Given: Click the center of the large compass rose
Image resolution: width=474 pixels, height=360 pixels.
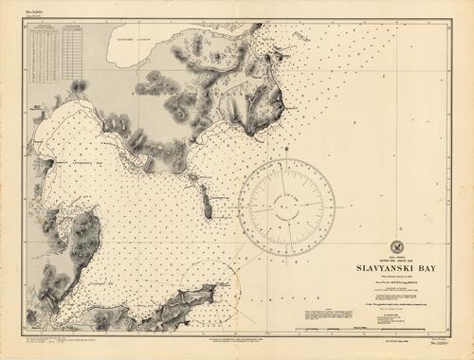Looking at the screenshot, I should (x=286, y=206).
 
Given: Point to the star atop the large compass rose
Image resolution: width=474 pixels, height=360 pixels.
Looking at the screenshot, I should (x=286, y=150).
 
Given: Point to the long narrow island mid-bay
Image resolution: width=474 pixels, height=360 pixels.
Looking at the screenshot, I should (x=207, y=201).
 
